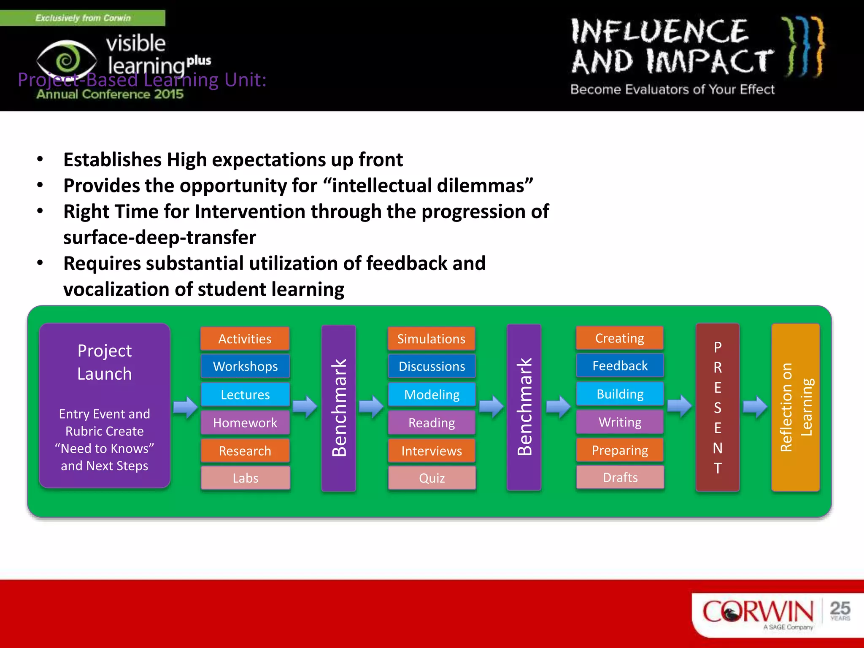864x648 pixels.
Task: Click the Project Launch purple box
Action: pyautogui.click(x=105, y=405)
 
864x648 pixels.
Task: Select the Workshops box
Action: pyautogui.click(x=245, y=366)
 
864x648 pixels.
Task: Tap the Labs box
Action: pyautogui.click(x=245, y=478)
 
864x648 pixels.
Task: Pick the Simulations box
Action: pyautogui.click(x=431, y=339)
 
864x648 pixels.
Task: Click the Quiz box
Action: pyautogui.click(x=432, y=478)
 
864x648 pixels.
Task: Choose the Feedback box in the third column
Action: pyautogui.click(x=620, y=366)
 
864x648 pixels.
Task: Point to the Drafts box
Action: pyautogui.click(x=620, y=478)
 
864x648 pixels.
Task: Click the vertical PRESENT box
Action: pyautogui.click(x=717, y=407)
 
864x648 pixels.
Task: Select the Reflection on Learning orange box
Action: pyautogui.click(x=796, y=407)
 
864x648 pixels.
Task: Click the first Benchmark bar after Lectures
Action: pyautogui.click(x=339, y=408)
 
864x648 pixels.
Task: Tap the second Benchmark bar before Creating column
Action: pyautogui.click(x=524, y=407)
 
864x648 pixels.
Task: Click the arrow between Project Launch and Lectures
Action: pyautogui.click(x=185, y=407)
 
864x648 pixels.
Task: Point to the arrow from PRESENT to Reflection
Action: pyautogui.click(x=755, y=407)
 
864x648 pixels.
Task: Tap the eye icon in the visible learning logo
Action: pyautogui.click(x=67, y=60)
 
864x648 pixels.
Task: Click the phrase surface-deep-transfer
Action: pyautogui.click(x=159, y=238)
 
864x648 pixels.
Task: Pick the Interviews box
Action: pyautogui.click(x=432, y=451)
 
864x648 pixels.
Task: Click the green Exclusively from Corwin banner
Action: pyautogui.click(x=83, y=18)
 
